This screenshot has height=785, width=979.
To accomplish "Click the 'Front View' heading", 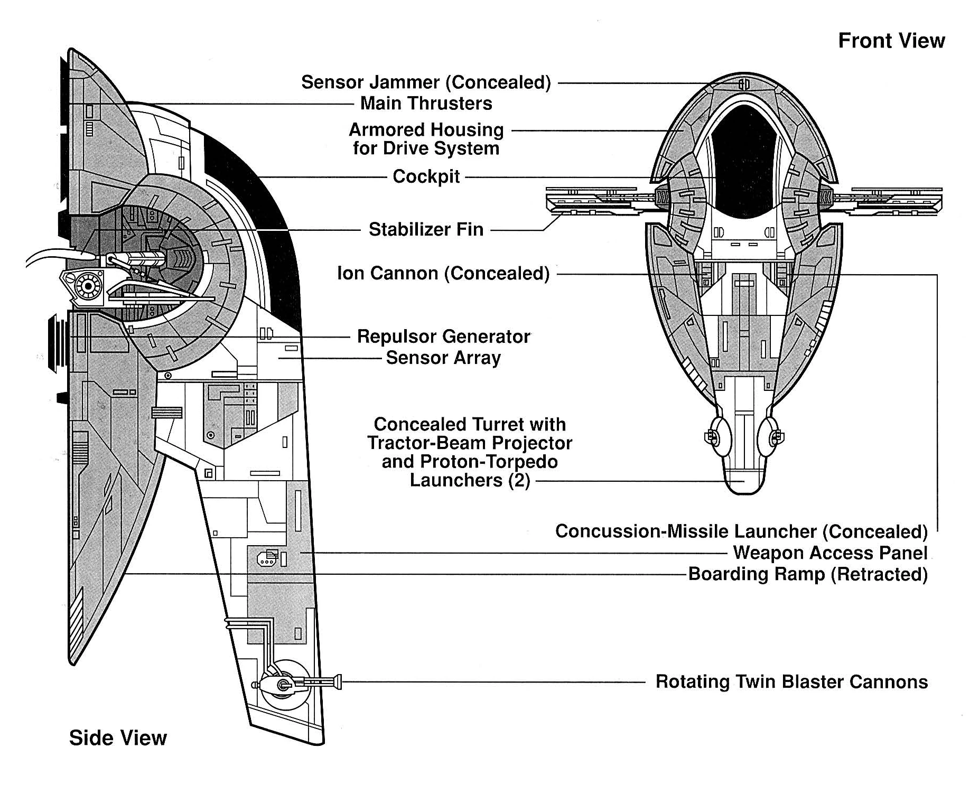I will (x=891, y=41).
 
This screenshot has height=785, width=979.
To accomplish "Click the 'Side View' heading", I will (x=117, y=737).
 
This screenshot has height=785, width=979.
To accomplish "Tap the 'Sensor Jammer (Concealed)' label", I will (x=426, y=82).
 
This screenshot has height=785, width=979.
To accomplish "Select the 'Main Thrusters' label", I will (x=426, y=104).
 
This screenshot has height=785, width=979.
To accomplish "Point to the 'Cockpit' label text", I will (x=426, y=176).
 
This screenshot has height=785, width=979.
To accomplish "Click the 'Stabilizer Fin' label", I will (x=426, y=229).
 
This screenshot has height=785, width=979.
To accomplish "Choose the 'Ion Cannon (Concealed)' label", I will (x=443, y=274).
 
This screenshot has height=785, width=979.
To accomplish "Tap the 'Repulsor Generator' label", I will (x=443, y=337).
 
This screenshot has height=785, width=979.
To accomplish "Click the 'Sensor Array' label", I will (x=443, y=358).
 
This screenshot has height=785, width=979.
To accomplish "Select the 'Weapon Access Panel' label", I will (x=830, y=553).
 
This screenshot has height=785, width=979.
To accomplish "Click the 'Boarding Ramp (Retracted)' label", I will (x=808, y=574).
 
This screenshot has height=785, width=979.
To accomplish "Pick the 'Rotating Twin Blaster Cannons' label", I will (x=791, y=681).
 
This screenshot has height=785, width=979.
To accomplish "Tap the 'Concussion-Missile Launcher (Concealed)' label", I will (x=741, y=531).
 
